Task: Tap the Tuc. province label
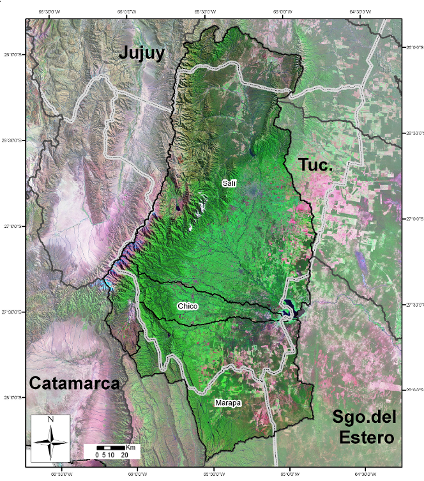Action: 316,165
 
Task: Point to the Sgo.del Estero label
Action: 364,427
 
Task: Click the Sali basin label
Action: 229,183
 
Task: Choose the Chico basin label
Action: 188,307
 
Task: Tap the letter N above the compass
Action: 50,420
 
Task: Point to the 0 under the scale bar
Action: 96,455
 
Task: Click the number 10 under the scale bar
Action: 110,455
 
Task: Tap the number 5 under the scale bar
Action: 103,455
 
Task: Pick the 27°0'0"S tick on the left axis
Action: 12,225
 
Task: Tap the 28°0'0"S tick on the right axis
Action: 414,389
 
